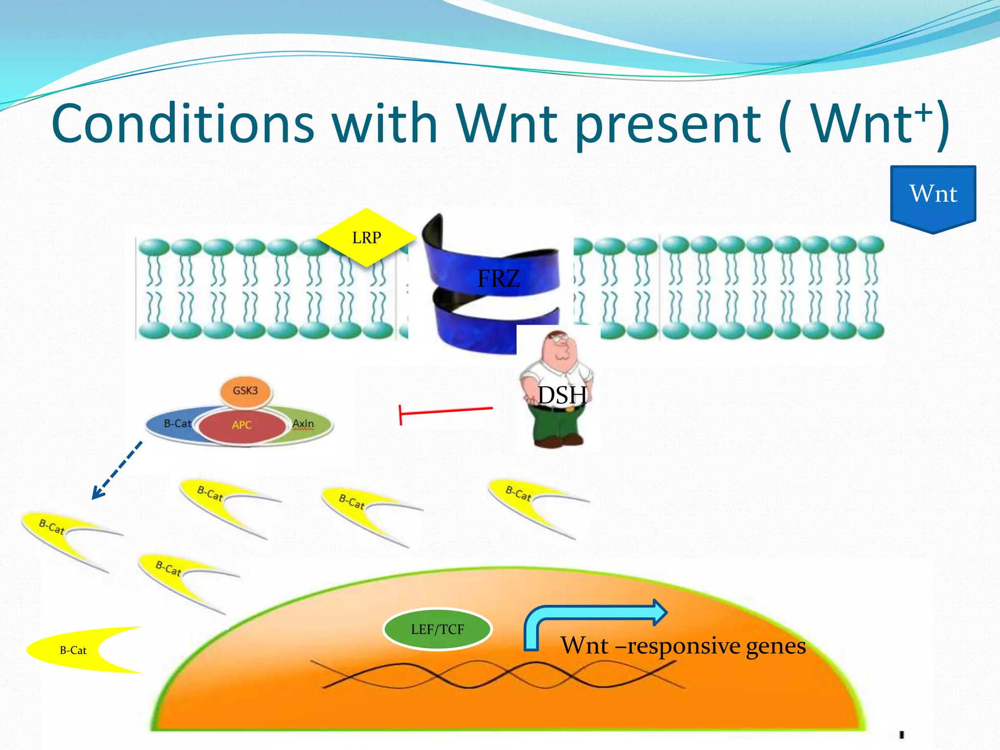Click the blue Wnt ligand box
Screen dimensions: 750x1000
[x=933, y=195]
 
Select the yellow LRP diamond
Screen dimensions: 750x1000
[x=366, y=238]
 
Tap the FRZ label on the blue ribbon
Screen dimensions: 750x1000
[x=498, y=278]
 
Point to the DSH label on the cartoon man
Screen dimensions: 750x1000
[x=562, y=395]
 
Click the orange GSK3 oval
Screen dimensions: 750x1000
[x=245, y=391]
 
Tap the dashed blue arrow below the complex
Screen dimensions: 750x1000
[x=117, y=471]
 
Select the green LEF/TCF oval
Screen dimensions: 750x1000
[x=437, y=629]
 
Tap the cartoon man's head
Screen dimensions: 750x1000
[x=559, y=347]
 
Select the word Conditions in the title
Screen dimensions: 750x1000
[x=183, y=125]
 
